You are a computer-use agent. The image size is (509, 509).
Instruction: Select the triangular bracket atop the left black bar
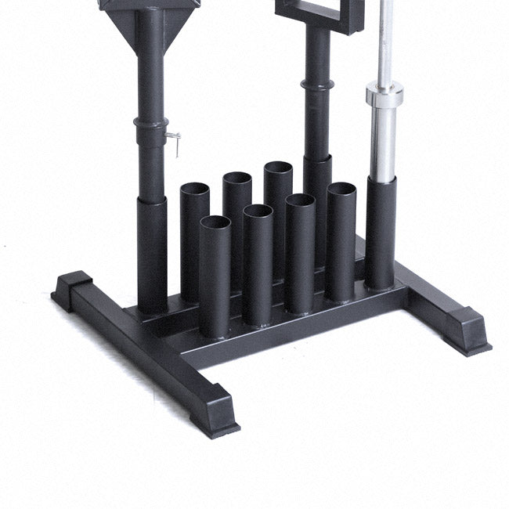tap(150, 20)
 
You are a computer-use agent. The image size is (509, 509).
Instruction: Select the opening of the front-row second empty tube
tap(257, 211)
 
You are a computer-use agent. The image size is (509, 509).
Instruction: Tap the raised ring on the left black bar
tap(150, 124)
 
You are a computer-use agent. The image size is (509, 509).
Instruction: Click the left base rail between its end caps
tap(149, 345)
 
